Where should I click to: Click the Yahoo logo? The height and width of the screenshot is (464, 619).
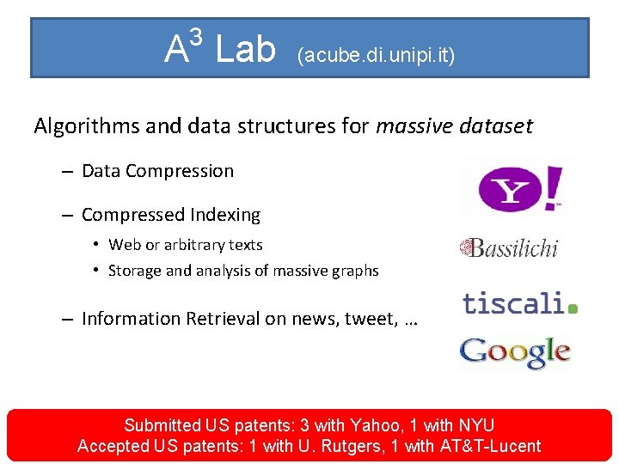[519, 187]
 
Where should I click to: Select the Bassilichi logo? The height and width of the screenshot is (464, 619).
[508, 248]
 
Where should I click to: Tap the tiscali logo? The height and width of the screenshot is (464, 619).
[519, 303]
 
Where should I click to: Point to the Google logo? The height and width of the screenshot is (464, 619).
[514, 352]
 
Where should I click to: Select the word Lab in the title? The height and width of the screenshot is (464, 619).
[245, 50]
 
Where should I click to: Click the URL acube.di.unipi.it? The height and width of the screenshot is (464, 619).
[376, 56]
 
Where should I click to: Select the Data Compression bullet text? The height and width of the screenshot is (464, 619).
[157, 171]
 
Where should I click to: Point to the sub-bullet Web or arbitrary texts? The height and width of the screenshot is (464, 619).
[185, 245]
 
